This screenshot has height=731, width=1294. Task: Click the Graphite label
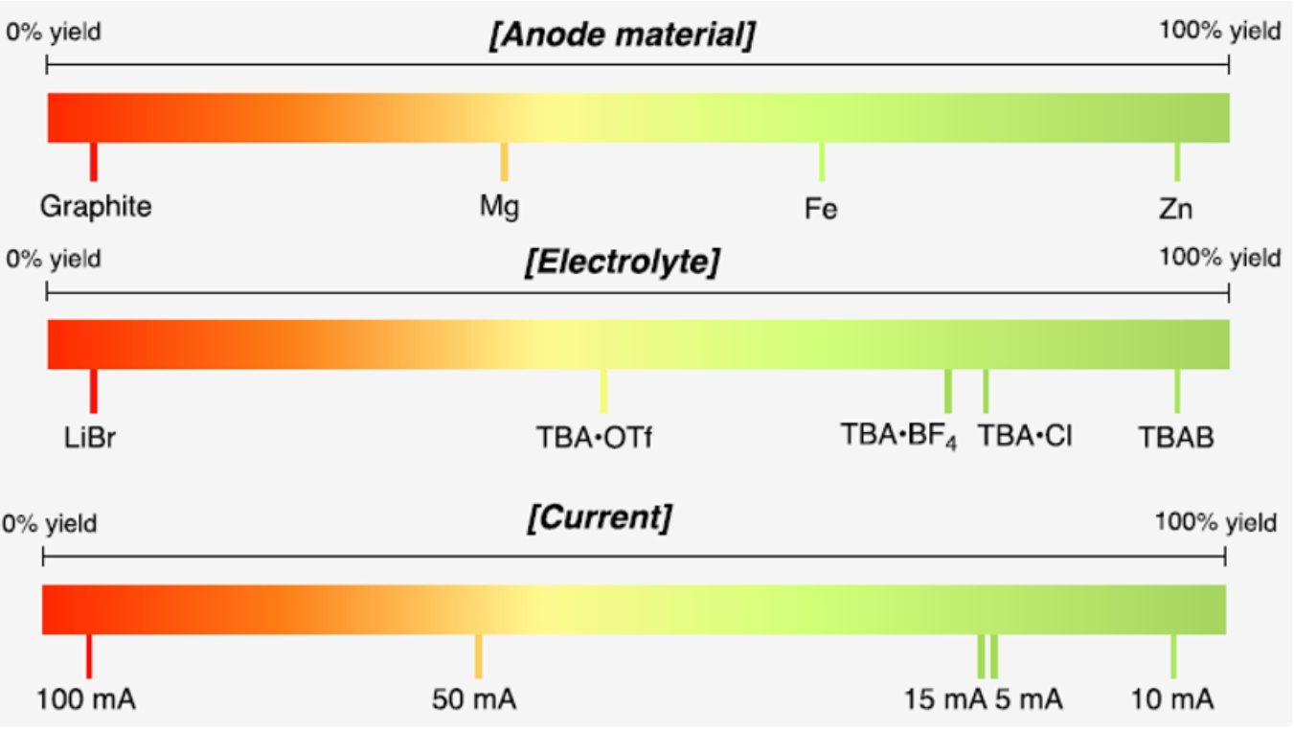click(x=96, y=206)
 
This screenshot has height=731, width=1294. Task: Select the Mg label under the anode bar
click(x=499, y=206)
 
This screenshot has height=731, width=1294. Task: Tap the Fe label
click(x=821, y=208)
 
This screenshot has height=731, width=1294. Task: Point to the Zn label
click(x=1175, y=208)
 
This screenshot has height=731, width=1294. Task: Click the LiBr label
click(x=92, y=437)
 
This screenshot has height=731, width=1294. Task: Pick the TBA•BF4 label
click(x=898, y=436)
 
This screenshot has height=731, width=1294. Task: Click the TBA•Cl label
click(x=1025, y=436)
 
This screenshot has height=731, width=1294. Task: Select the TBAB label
click(x=1176, y=437)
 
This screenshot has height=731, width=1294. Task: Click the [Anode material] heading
click(x=622, y=35)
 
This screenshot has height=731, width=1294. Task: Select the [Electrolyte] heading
click(x=622, y=262)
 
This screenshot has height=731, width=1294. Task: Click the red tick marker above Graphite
click(x=94, y=161)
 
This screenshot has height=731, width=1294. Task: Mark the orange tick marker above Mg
click(x=505, y=161)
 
